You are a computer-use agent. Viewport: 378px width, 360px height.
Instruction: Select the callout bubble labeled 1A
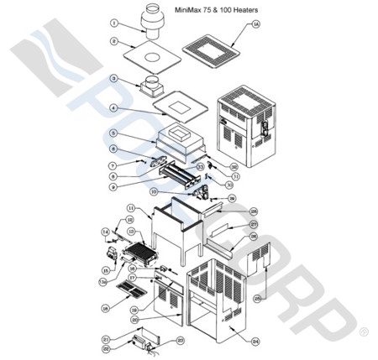coord(256,26)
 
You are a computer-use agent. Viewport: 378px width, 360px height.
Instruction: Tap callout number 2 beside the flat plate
coord(113,40)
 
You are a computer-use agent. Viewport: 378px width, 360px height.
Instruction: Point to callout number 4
coord(114,108)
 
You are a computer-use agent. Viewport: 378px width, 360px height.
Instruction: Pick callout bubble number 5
coord(114,133)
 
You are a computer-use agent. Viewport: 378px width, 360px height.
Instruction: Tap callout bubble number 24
coord(255,342)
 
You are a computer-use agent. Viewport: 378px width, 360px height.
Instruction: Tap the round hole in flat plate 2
coord(156,58)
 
